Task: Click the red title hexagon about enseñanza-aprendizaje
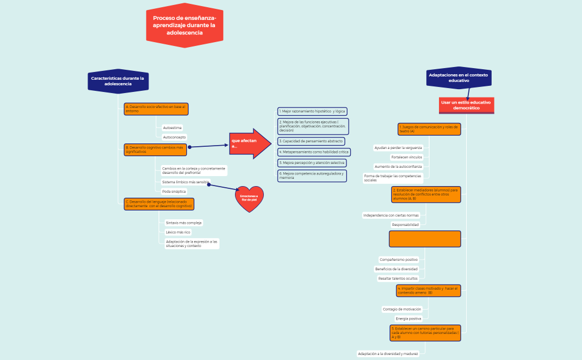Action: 185,25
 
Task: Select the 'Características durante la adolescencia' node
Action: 118,81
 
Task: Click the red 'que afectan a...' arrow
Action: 249,143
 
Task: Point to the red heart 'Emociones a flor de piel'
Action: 249,198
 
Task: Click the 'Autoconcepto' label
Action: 174,137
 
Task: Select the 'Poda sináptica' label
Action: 173,191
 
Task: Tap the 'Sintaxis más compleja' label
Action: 183,223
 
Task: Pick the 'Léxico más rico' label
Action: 178,232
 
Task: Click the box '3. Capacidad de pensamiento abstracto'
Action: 311,141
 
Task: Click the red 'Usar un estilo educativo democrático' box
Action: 466,105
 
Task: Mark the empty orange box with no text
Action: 425,239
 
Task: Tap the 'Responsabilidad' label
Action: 405,224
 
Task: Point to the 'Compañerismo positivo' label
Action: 399,259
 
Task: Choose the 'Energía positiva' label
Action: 408,318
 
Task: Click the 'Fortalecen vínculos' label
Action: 406,157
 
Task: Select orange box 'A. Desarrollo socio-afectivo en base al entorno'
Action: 156,109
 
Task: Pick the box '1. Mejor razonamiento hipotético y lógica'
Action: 312,111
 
